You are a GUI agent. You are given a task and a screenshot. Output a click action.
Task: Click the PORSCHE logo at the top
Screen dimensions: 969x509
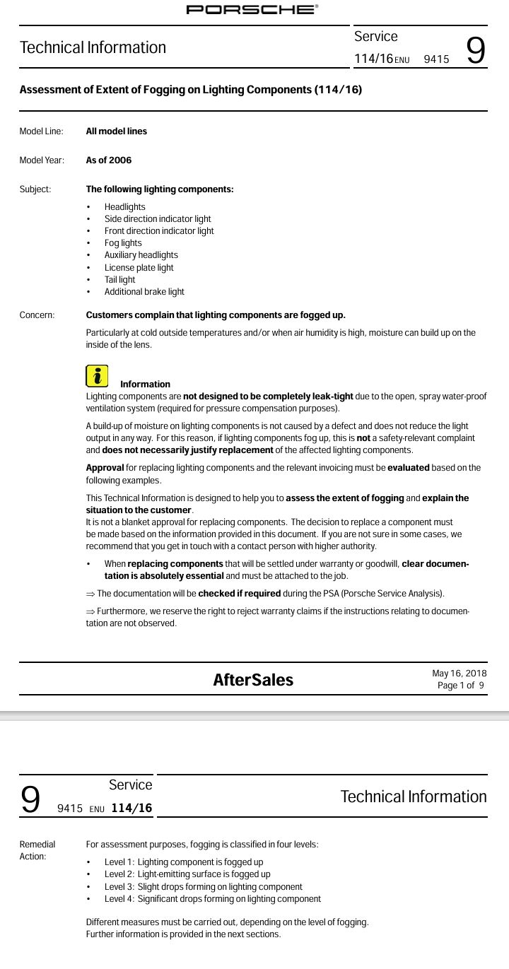click(x=252, y=9)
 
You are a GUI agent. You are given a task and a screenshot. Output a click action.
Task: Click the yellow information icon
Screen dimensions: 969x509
click(x=97, y=376)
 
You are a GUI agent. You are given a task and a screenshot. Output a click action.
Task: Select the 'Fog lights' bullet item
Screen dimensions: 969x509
click(x=123, y=243)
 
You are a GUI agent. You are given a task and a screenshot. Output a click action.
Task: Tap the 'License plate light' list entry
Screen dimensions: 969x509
click(x=139, y=268)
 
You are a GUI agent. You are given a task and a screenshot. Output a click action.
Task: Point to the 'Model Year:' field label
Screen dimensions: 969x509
click(x=42, y=160)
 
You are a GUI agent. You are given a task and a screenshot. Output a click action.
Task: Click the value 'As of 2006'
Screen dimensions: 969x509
click(x=109, y=160)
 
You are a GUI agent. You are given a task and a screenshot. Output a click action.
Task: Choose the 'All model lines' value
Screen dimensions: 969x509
click(x=117, y=131)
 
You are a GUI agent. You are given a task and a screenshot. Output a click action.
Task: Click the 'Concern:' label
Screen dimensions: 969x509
click(x=37, y=315)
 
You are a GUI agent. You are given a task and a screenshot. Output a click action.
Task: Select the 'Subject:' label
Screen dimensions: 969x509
click(x=35, y=189)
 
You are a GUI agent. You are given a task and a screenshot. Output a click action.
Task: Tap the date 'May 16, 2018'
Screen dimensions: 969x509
click(x=459, y=674)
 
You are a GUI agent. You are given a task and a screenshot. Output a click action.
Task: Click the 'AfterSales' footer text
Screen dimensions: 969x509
click(x=253, y=680)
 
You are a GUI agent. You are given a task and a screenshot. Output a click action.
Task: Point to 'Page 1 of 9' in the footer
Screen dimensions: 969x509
click(x=461, y=686)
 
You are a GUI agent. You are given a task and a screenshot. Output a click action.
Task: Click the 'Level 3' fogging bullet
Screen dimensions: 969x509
click(x=203, y=887)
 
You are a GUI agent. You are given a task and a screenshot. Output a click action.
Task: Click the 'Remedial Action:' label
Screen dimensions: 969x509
click(x=37, y=850)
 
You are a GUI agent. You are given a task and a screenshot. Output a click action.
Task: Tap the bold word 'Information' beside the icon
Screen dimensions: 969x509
click(x=145, y=384)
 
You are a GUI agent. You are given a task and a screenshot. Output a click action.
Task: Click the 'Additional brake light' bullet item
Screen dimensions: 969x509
click(x=144, y=292)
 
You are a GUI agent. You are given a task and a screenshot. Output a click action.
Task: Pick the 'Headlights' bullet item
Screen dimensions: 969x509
click(x=125, y=207)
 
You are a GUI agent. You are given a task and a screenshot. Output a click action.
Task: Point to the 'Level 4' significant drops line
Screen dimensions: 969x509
click(x=212, y=899)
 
